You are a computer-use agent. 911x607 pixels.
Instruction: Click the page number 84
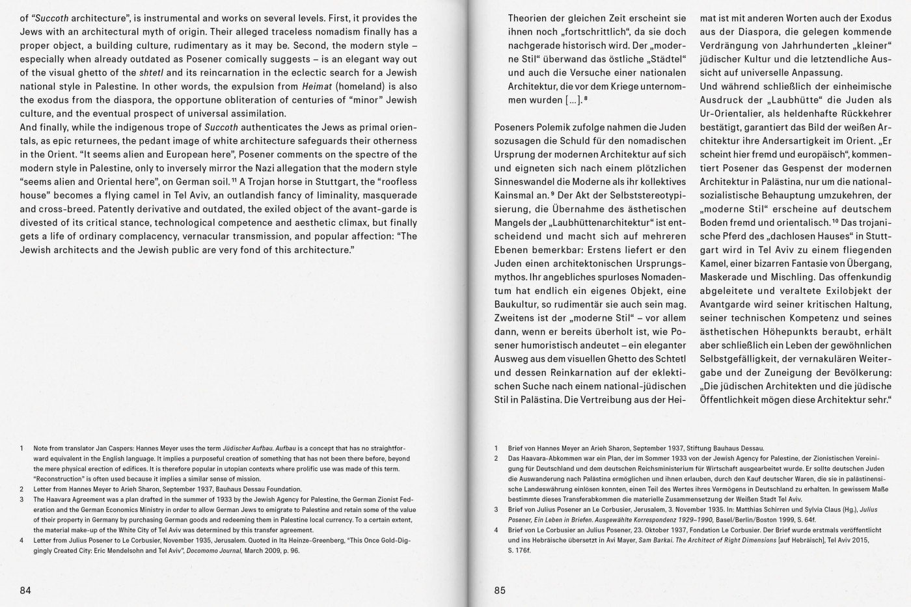pos(25,591)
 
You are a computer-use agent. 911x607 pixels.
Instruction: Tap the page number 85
pos(500,591)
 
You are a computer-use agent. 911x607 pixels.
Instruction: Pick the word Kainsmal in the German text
pos(514,195)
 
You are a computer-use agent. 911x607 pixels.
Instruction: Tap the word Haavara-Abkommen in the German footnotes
pos(543,459)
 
